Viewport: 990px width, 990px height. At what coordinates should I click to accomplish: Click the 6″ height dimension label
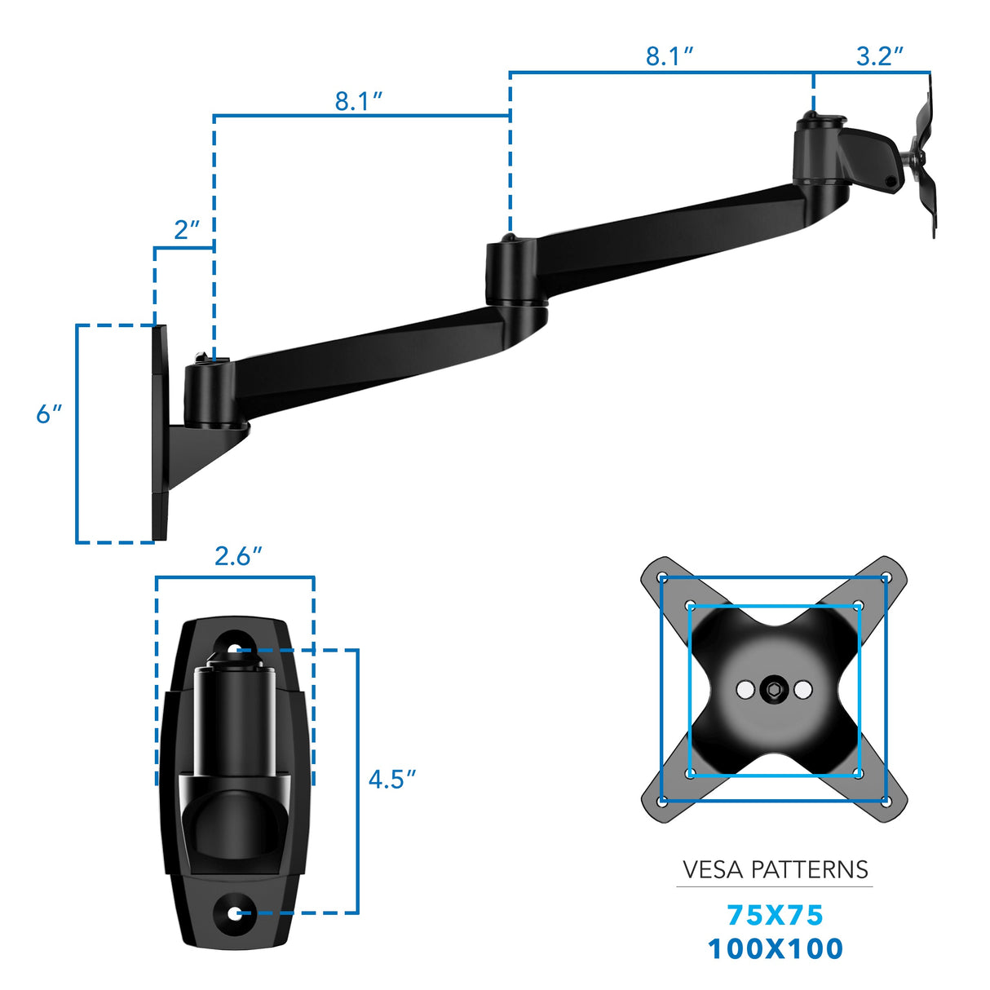click(x=48, y=414)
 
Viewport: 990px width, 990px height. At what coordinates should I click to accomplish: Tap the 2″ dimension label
click(x=186, y=231)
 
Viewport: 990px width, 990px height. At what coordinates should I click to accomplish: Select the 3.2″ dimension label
click(x=879, y=56)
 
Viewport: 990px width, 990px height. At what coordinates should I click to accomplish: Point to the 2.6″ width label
click(x=237, y=556)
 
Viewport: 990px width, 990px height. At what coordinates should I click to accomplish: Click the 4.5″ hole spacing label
click(x=391, y=780)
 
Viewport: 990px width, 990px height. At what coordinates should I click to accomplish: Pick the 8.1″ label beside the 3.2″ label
click(x=669, y=56)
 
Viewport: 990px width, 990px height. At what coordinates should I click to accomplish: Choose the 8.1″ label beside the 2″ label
click(x=358, y=101)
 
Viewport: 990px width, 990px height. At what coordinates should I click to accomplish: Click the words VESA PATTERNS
click(x=775, y=870)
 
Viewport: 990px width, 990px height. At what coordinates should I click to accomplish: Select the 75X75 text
click(x=775, y=916)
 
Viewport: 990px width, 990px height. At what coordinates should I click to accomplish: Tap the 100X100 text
click(x=775, y=949)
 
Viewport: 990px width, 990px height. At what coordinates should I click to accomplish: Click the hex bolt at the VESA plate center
click(x=773, y=690)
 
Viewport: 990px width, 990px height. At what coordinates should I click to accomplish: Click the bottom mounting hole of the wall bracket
click(x=235, y=913)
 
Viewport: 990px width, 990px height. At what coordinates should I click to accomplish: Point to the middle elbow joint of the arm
click(x=510, y=273)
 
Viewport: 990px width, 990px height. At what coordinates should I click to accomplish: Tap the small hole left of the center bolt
click(x=745, y=690)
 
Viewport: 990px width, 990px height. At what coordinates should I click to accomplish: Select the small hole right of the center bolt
click(x=802, y=690)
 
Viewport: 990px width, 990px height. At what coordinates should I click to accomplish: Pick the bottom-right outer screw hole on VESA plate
click(x=886, y=801)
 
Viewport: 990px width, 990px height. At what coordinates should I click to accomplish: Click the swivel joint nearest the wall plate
click(x=209, y=393)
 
